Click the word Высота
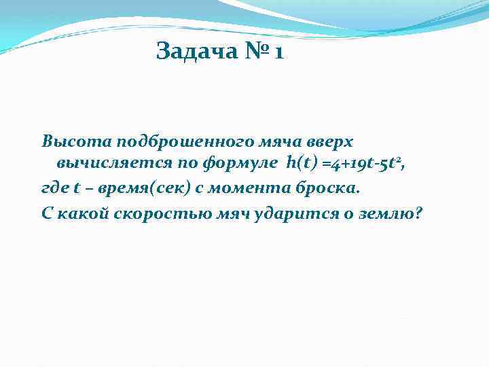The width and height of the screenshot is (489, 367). pos(76,142)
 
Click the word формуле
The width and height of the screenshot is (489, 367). pos(241,164)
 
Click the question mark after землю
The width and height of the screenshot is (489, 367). pos(417,213)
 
